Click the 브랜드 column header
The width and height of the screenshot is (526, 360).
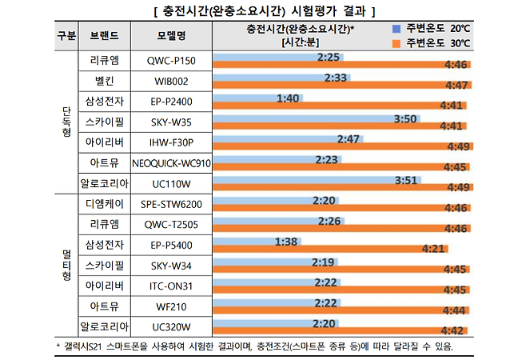pos(104,36)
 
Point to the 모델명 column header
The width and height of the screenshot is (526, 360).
pos(170,36)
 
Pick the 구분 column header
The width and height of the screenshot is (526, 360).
pos(67,36)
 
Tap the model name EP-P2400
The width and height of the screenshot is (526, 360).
pos(170,102)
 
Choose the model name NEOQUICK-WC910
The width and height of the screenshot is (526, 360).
pos(170,163)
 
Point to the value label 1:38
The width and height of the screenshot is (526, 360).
pos(285,241)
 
